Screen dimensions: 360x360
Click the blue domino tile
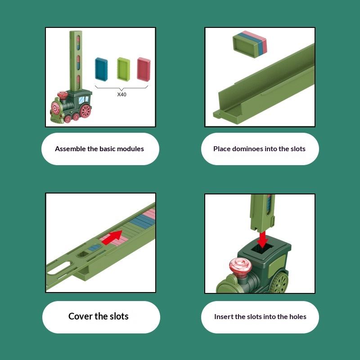pos(101,69)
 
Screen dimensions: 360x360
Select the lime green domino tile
pos(123,69)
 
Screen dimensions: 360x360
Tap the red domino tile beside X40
pos(144,69)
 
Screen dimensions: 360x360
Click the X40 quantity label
pos(121,94)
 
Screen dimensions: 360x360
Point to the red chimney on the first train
pos(62,95)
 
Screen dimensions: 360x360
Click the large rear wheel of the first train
pos(85,111)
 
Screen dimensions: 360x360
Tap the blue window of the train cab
pos(82,100)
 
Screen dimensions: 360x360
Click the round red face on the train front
pos(55,108)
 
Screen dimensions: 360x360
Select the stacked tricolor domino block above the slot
pos(250,44)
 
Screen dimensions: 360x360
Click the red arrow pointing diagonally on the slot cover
pos(112,238)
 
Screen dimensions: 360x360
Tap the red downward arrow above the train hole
pos(262,239)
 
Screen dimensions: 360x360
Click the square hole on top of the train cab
pos(262,248)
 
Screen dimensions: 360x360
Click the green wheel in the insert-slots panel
pos(279,283)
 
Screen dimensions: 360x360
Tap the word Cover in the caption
pos(81,316)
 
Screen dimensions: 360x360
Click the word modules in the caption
pos(130,149)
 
